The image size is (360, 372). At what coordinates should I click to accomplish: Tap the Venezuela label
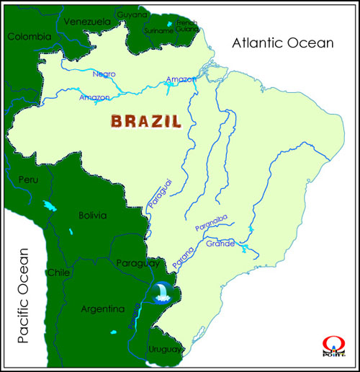click(x=87, y=22)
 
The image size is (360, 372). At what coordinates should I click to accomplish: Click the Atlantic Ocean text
click(x=283, y=43)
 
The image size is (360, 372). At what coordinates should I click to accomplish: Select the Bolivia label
click(x=92, y=215)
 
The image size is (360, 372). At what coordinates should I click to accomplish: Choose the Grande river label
click(x=220, y=244)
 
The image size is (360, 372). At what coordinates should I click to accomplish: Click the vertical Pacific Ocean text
click(x=24, y=295)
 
